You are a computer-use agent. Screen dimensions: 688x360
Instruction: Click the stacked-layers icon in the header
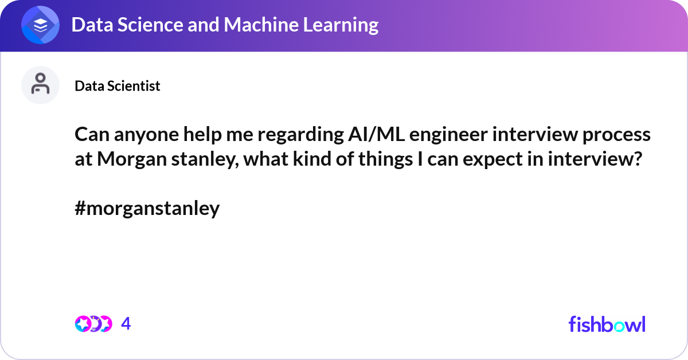tap(40, 25)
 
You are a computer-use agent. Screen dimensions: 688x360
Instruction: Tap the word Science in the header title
tap(150, 25)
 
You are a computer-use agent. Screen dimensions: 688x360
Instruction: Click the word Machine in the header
tap(261, 25)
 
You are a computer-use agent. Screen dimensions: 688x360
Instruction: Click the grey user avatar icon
tap(40, 85)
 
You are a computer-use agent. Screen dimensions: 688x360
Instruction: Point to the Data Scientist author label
tap(118, 86)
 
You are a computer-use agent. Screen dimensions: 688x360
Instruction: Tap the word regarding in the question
tap(300, 135)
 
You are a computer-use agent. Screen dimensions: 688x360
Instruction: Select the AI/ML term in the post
tap(376, 134)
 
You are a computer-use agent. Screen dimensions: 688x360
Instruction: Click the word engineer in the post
tap(448, 135)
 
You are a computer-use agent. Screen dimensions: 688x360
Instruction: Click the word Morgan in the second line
tap(132, 160)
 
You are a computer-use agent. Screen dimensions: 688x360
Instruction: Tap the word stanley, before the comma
tap(205, 160)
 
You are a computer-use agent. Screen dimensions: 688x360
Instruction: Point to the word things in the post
tap(385, 160)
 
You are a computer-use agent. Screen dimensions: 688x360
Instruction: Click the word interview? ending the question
tap(595, 159)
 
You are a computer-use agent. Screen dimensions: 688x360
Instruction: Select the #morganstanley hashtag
tap(147, 209)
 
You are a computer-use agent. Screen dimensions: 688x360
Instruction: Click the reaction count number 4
tap(126, 324)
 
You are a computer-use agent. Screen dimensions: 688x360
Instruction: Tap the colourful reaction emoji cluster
tap(93, 324)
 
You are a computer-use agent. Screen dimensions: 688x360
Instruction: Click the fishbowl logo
tap(607, 324)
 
